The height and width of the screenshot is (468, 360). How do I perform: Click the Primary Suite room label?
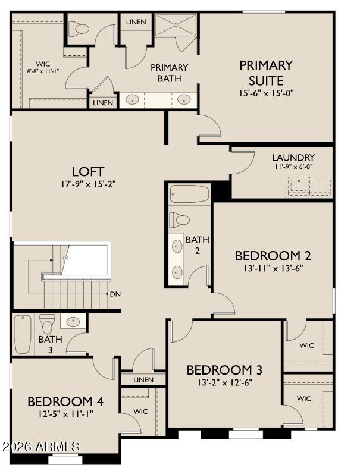[x=265, y=73]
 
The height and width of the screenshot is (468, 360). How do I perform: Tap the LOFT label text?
[x=88, y=172]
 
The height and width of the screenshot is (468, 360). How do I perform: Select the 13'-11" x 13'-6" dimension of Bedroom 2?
[x=273, y=268]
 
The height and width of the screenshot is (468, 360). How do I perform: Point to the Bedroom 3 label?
[x=224, y=370]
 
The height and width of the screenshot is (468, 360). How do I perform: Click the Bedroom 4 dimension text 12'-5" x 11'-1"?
[x=65, y=414]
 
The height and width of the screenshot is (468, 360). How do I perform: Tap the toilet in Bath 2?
[x=179, y=220]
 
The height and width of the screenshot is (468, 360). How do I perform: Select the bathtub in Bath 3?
[x=23, y=334]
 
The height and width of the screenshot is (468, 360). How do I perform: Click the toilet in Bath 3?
[x=47, y=323]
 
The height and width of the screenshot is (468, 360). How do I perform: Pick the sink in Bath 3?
[x=73, y=322]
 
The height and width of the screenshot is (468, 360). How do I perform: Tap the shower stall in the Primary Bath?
[x=176, y=25]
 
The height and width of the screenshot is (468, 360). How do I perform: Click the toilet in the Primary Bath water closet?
[x=79, y=29]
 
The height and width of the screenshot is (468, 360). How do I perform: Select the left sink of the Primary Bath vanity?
[x=132, y=100]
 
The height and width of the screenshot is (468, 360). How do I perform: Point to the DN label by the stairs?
[x=115, y=294]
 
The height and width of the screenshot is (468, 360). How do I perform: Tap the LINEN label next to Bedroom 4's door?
[x=143, y=379]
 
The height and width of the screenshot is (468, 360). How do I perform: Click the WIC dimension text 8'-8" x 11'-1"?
[x=43, y=71]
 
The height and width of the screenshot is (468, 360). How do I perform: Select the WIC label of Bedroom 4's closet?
[x=140, y=412]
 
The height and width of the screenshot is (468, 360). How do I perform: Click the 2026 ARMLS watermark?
[x=41, y=447]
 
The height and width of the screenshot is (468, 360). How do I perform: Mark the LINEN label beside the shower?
[x=136, y=22]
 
